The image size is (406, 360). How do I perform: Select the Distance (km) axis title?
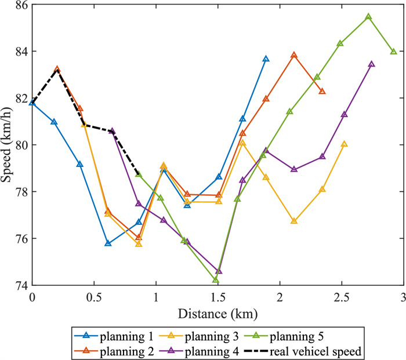tap(218, 314)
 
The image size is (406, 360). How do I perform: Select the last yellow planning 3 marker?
tap(345, 144)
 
